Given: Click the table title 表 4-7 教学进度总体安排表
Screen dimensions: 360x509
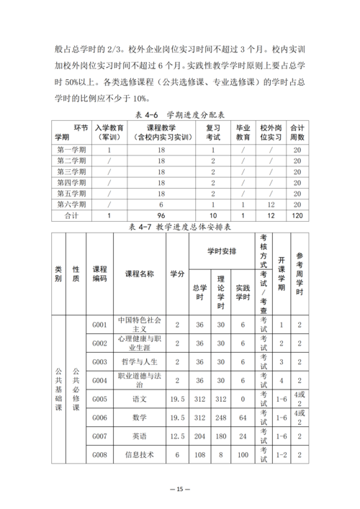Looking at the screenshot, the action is click(179, 226).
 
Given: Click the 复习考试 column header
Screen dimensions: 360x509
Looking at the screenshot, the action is click(213, 132).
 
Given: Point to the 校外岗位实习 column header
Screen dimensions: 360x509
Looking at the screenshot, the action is click(271, 132).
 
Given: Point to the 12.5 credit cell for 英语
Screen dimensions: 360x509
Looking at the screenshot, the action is click(177, 436).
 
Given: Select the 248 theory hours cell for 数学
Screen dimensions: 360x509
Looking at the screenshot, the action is click(222, 418).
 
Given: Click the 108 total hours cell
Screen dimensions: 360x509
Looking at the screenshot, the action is click(199, 455).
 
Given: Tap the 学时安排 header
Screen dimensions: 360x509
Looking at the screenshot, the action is click(222, 251).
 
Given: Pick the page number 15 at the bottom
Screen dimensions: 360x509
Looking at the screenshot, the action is click(180, 490).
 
